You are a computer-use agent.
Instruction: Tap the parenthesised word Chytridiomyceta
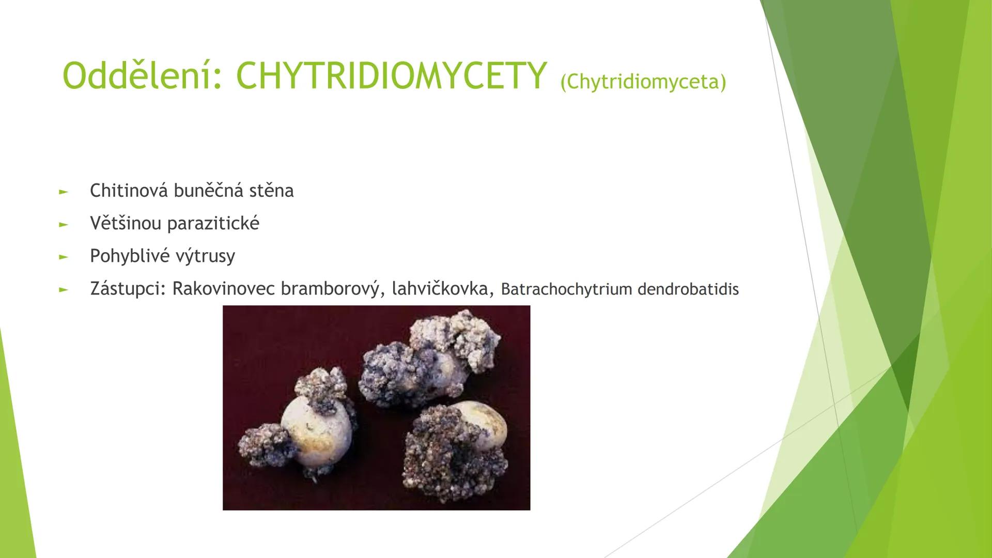tap(643, 82)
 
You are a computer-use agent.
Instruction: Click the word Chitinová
tap(129, 191)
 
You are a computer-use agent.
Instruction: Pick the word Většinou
tap(126, 223)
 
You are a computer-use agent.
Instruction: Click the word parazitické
tap(213, 223)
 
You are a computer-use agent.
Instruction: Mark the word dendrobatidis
tap(688, 289)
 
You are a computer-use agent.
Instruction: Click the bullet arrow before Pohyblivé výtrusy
tap(63, 257)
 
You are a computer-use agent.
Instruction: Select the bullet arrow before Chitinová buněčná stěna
tap(63, 192)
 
